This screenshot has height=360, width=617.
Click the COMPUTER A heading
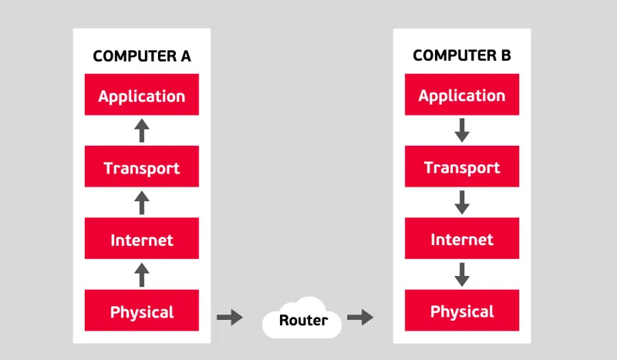pos(142,56)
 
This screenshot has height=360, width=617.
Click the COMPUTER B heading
pos(461,56)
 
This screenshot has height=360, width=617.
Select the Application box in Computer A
pos(142,96)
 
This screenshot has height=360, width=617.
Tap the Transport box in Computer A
pos(142,167)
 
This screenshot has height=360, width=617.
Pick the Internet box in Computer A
pos(142,239)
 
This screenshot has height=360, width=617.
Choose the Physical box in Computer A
pos(142,311)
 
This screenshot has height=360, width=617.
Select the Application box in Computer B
pos(461,96)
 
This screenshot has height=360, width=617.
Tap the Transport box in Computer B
pos(461,167)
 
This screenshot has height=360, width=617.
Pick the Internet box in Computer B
pos(461,239)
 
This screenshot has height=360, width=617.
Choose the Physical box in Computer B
pos(461,311)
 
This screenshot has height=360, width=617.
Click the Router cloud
pos(303,319)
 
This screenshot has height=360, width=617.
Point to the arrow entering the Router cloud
pos(230,317)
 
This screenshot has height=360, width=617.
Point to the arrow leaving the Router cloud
pos(360,317)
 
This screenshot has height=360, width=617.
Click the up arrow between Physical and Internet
pos(142,274)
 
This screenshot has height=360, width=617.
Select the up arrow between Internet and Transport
pos(142,203)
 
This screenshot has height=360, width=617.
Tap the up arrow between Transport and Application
pos(142,130)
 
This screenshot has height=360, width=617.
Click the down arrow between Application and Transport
pos(461,130)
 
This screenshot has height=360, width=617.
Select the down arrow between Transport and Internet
pos(461,203)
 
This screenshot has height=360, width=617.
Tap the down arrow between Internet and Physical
pos(461,274)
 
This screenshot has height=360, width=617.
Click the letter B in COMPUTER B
pos(505,56)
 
